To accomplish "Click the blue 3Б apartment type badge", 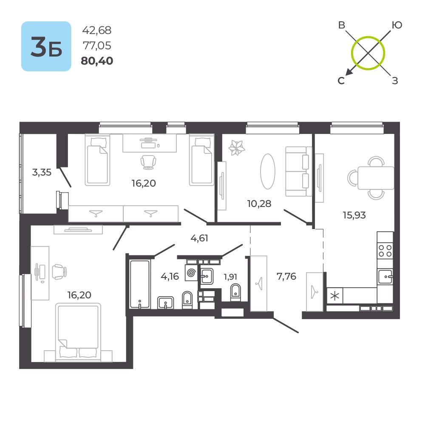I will click(46, 46).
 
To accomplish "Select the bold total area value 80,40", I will click(97, 61).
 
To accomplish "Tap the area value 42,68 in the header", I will click(97, 30).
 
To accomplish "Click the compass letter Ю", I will click(396, 25).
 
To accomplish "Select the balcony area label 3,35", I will click(42, 172).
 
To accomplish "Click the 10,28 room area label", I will click(259, 203).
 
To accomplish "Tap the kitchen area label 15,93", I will click(354, 215).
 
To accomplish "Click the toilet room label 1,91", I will click(230, 277).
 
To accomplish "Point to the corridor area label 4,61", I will click(199, 238).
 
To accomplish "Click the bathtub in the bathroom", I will click(139, 284).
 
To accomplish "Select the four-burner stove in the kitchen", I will click(385, 250).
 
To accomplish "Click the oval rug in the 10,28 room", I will click(267, 171).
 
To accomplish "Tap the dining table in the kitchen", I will click(376, 178).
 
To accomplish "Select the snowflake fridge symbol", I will click(335, 296).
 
